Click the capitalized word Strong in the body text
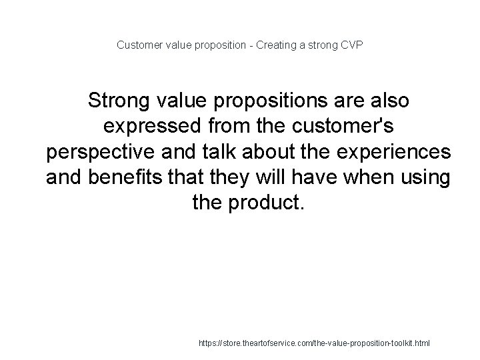tap(119, 101)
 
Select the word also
tap(389, 101)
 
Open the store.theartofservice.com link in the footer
tap(315, 343)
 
